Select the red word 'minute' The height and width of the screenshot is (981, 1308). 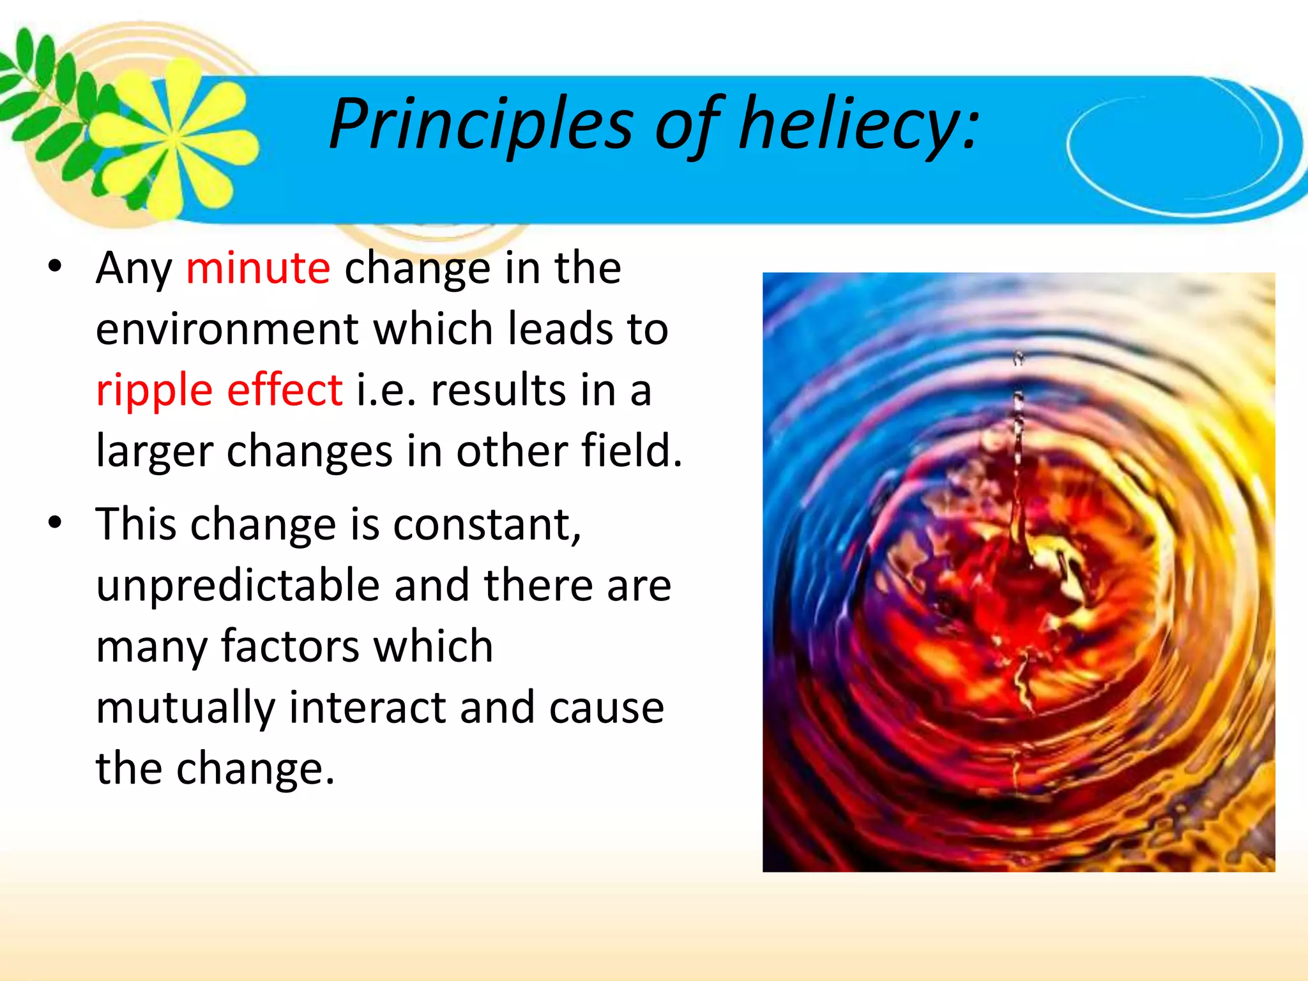(x=258, y=268)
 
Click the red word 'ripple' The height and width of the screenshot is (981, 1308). (x=154, y=391)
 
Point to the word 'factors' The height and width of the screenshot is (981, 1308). (x=290, y=646)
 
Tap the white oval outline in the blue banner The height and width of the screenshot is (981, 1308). (x=1175, y=147)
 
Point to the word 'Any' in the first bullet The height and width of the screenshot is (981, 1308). (x=134, y=269)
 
